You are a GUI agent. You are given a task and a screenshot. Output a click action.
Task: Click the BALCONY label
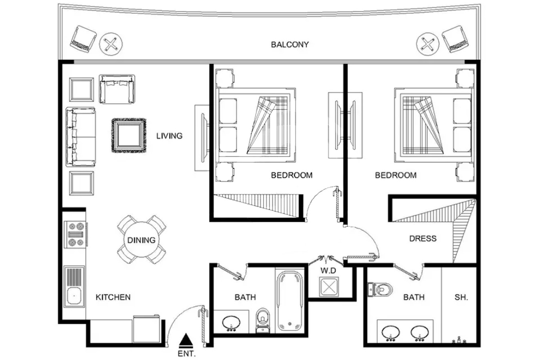(x=290, y=45)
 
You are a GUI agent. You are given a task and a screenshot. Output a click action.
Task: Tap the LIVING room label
(x=169, y=136)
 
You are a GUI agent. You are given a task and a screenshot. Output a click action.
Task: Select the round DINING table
(x=142, y=240)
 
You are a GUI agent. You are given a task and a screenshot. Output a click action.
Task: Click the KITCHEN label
(x=113, y=297)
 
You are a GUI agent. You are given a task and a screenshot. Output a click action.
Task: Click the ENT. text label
(x=186, y=354)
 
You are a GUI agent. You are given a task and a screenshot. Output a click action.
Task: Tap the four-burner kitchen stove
(x=76, y=234)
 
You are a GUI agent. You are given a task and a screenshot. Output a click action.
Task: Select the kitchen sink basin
(x=74, y=296)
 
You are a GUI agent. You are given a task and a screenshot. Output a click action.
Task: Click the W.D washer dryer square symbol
(x=329, y=287)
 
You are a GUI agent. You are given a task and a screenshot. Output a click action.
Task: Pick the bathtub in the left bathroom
(x=289, y=301)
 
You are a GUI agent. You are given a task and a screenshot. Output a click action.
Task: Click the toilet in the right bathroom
(x=380, y=289)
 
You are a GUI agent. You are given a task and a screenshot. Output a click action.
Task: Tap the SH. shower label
(x=461, y=297)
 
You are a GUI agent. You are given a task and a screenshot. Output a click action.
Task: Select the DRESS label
(x=423, y=238)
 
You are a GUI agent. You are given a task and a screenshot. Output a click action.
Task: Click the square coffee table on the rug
(x=129, y=135)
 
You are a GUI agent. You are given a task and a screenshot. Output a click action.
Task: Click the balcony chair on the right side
(x=455, y=39)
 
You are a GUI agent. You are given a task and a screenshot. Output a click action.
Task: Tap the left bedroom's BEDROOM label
(x=292, y=175)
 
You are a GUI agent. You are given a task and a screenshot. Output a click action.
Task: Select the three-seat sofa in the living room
(x=81, y=137)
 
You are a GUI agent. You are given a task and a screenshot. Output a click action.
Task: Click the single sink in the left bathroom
(x=231, y=323)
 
